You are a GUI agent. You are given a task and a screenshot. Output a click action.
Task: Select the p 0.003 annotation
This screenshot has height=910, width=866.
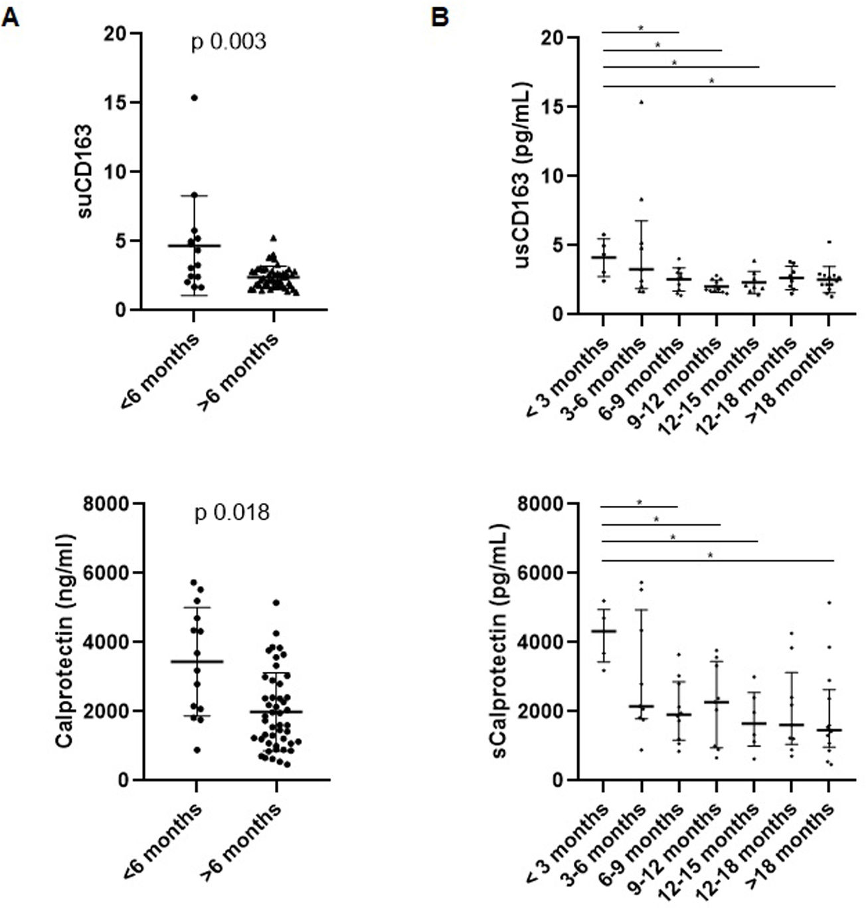(x=228, y=42)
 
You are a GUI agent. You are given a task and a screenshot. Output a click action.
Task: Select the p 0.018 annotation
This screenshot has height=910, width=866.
(x=232, y=513)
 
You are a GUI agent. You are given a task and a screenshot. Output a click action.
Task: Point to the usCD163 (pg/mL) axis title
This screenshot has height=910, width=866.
(x=524, y=176)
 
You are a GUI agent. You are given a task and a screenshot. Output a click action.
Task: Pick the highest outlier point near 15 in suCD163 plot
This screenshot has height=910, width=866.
(x=195, y=98)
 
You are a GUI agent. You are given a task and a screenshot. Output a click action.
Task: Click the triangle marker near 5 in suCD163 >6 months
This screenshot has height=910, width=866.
(x=273, y=238)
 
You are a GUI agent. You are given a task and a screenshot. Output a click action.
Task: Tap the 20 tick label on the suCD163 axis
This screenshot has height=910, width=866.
(x=117, y=34)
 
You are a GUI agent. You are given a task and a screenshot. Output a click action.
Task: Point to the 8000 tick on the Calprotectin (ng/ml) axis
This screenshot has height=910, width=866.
(x=106, y=504)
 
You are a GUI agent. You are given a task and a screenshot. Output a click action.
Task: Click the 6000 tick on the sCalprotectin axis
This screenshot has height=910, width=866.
(x=540, y=573)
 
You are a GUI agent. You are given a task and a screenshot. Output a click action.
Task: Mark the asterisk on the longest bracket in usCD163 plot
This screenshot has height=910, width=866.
(x=711, y=82)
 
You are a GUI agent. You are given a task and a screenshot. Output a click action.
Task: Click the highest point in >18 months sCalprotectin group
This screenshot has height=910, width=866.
(x=829, y=603)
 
